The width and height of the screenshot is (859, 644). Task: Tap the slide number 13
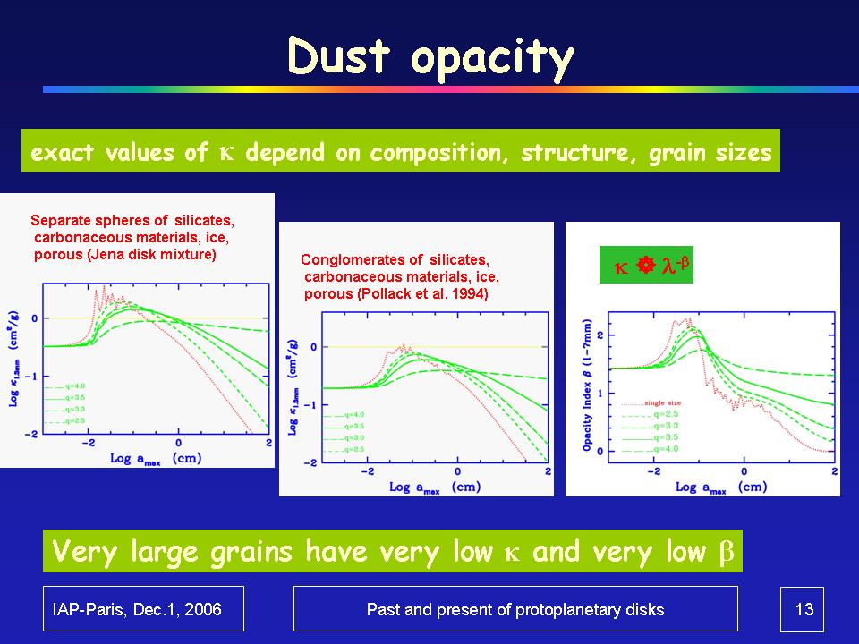pos(803,610)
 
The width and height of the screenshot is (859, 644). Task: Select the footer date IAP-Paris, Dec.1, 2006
pos(143,610)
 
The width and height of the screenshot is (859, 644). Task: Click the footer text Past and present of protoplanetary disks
pos(515,610)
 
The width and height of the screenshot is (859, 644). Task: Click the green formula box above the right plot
pos(646,266)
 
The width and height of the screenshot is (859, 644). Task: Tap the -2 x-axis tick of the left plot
pos(87,443)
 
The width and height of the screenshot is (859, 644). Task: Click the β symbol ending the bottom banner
pos(727,553)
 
